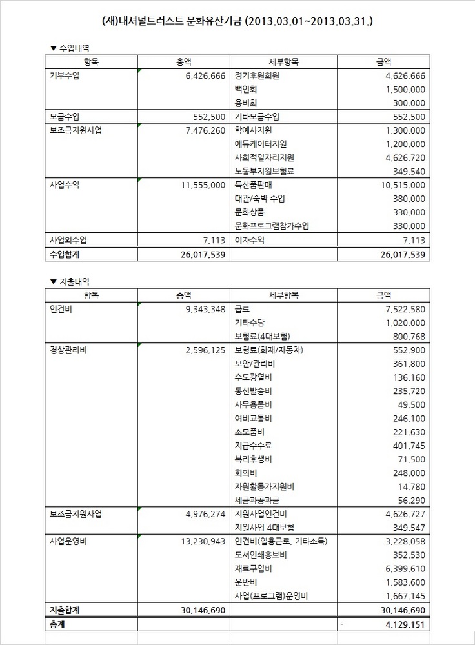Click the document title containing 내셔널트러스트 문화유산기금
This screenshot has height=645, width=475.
pyautogui.click(x=237, y=21)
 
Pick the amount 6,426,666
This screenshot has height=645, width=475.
pyautogui.click(x=202, y=75)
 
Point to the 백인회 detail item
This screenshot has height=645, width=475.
pyautogui.click(x=247, y=89)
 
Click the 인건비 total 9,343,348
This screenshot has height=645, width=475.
pyautogui.click(x=202, y=309)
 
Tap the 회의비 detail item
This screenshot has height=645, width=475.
pyautogui.click(x=247, y=473)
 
